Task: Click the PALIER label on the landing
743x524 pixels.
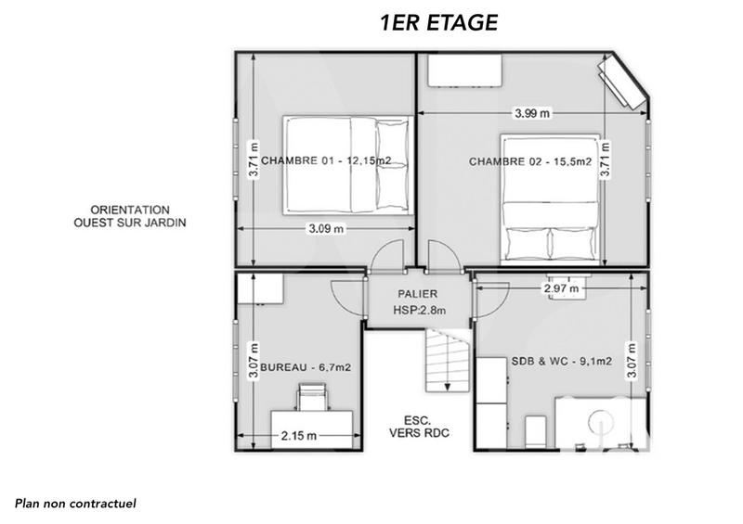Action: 419,294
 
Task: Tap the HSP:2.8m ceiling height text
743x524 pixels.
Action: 419,311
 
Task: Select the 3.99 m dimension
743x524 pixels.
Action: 532,113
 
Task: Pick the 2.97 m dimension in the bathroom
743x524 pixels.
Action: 561,289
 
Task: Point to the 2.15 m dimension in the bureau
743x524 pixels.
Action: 298,435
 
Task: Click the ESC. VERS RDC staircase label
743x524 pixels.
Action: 410,425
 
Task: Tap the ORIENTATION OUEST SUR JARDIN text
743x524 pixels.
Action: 130,216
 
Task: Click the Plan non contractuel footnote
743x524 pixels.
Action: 75,504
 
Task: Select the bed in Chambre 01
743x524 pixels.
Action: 346,163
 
